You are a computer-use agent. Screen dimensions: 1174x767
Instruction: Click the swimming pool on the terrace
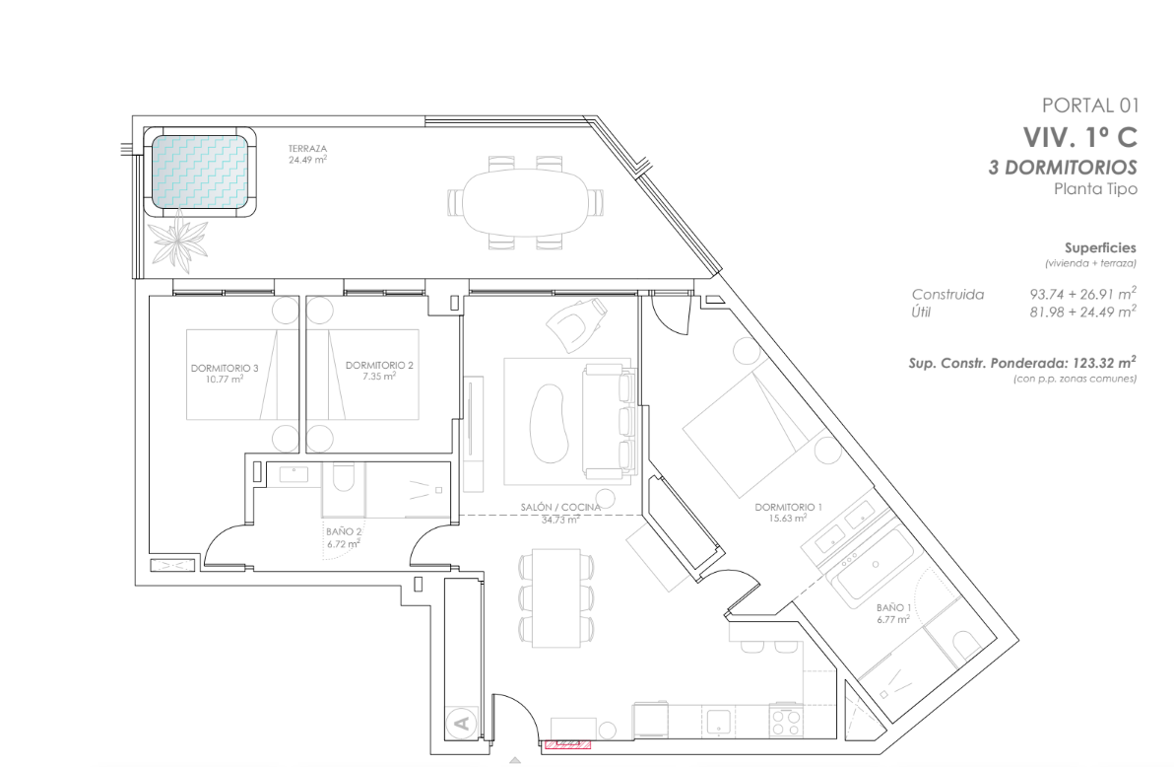[x=200, y=172]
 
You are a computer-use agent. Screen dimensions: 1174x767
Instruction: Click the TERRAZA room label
[x=307, y=149]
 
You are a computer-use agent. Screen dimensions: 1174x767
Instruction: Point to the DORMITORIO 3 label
[x=225, y=368]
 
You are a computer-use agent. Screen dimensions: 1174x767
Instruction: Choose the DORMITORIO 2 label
[x=379, y=365]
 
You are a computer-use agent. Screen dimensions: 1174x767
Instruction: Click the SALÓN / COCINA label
[x=560, y=508]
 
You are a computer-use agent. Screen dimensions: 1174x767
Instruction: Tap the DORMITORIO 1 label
[x=788, y=508]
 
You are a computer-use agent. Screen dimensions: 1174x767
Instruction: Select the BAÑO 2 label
[x=344, y=531]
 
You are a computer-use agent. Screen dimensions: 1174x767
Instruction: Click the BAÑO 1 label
[x=894, y=608]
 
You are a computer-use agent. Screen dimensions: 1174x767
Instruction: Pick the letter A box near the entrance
[x=463, y=723]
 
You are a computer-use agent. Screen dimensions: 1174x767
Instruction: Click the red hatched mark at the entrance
[x=567, y=744]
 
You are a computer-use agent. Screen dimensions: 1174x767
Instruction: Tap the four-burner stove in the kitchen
[x=786, y=722]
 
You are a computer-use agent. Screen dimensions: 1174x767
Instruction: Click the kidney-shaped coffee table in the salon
[x=548, y=424]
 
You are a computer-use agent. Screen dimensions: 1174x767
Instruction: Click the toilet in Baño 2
[x=343, y=478]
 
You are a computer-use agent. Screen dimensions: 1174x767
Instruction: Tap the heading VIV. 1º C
[x=1080, y=137]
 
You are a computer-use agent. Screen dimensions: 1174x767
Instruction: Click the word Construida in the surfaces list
[x=947, y=295]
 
